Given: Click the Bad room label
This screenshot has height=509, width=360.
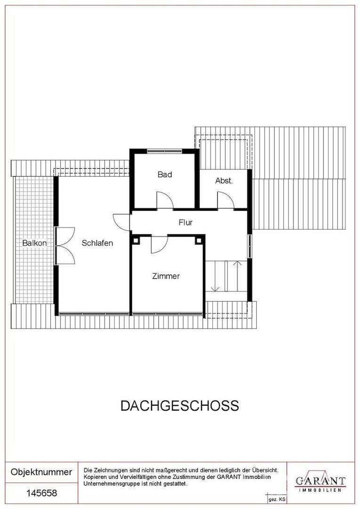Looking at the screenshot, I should coord(164,174).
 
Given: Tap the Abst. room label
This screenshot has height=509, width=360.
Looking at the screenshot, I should coord(224,181).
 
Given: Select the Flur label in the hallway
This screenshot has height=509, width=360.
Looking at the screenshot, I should coord(186,222).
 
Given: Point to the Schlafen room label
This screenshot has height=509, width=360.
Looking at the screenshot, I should coord(98,243).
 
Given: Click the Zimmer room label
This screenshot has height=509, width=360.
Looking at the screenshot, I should coord(165,276).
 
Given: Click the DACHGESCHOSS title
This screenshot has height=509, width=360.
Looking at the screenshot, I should coord(180,406).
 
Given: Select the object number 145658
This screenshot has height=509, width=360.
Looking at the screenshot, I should coord(41,493).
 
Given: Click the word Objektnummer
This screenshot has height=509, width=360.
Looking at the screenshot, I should coord(41,472).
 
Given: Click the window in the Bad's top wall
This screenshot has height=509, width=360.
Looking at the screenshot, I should coord(164,151).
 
